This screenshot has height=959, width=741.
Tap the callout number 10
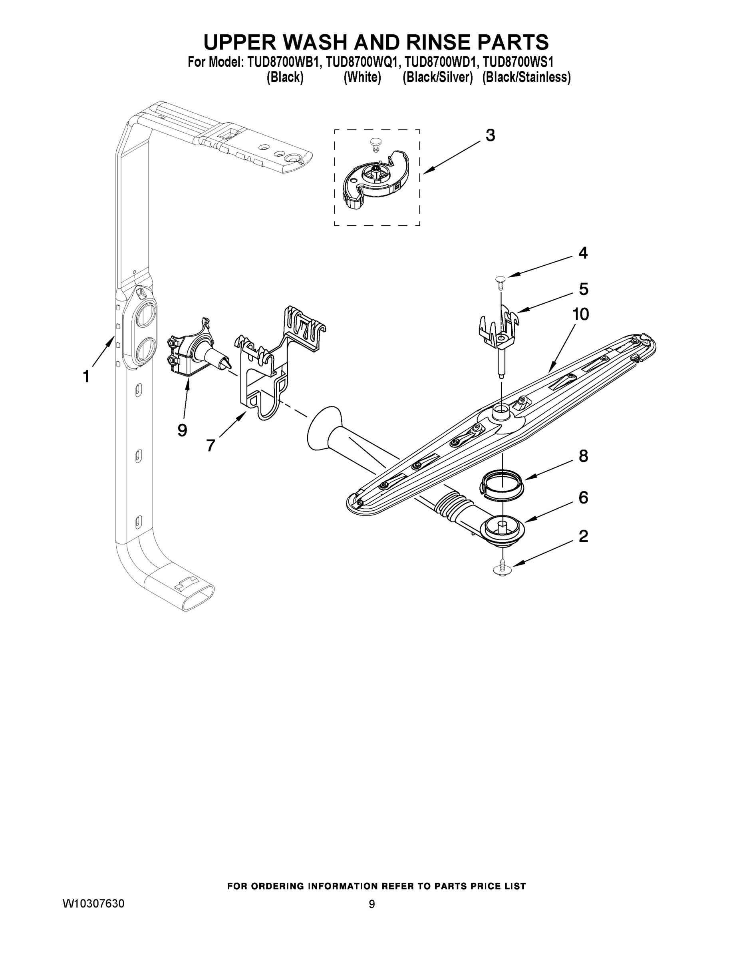click(x=580, y=314)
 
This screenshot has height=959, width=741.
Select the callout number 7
click(x=210, y=445)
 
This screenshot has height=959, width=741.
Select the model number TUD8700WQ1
click(x=362, y=62)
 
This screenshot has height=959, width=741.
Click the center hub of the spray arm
click(x=501, y=412)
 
